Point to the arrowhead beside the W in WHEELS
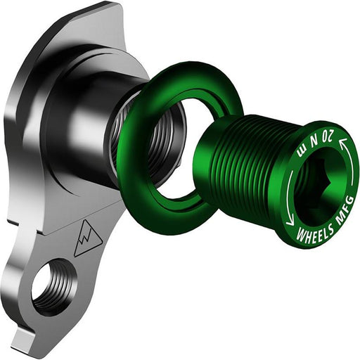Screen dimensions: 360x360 290,221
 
